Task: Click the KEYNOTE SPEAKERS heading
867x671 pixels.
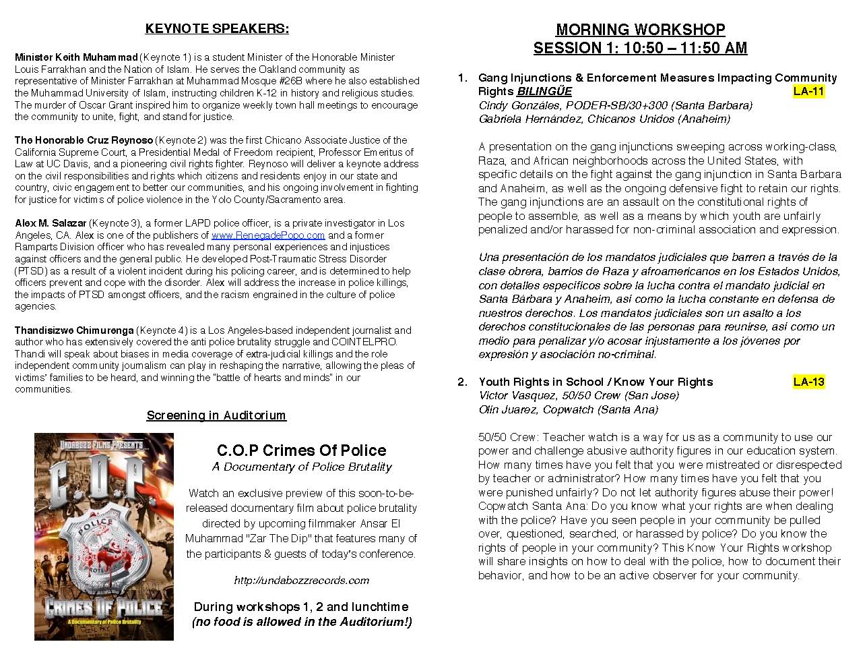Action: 217,28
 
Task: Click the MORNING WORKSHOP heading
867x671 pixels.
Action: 640,30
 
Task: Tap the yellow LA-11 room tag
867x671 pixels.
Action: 808,91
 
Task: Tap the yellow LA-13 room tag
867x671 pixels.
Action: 808,382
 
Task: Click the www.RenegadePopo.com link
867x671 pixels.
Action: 268,235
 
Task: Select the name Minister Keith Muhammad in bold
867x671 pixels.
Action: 76,57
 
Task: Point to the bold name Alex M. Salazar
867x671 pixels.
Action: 51,223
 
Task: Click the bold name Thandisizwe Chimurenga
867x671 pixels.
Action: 74,330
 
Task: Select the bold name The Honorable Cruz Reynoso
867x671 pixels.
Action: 84,140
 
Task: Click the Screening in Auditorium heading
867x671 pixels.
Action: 216,415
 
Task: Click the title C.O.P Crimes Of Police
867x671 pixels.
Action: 301,450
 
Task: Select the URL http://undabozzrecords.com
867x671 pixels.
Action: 301,581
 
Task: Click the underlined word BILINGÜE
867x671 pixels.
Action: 544,92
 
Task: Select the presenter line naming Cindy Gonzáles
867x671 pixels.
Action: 615,105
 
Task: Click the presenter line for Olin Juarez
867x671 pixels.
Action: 569,409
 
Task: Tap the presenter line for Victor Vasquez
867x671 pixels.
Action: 579,395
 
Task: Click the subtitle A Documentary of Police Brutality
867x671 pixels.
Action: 301,467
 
